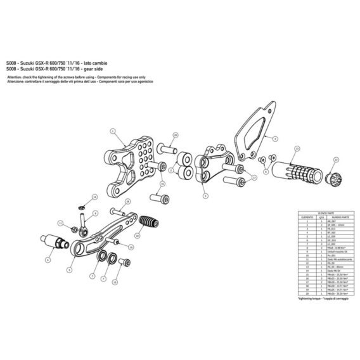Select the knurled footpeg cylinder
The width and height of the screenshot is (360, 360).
click(292, 170)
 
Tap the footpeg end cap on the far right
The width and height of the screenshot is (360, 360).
click(334, 178)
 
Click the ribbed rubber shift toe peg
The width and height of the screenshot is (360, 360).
click(150, 224)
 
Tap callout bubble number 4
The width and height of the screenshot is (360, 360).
click(276, 138)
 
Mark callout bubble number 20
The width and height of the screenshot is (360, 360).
click(176, 134)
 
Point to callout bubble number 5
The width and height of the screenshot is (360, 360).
click(69, 269)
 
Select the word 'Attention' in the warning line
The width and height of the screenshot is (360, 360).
click(15, 75)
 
